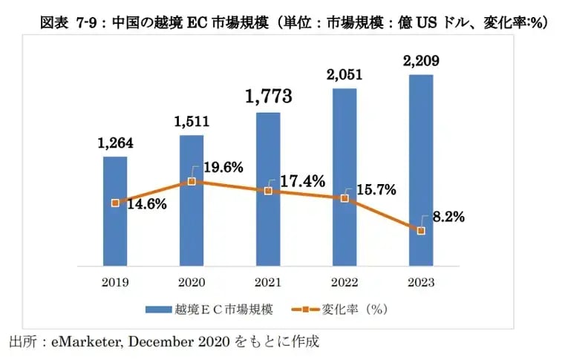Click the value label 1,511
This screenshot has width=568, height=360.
coord(192,123)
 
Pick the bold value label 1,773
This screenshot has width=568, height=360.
coord(268,96)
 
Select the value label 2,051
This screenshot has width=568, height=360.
coord(345,74)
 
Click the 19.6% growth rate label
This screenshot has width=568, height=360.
coord(223,168)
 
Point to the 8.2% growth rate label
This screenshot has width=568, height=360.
coord(448,217)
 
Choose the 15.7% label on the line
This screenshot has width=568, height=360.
coord(376,190)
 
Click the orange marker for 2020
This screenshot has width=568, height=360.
coord(192,181)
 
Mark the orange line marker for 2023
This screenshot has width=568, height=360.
coord(421,231)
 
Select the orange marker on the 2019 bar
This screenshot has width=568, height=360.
coord(115,203)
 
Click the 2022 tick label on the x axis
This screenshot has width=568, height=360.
coord(345,283)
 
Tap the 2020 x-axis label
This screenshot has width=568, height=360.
coord(192,283)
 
